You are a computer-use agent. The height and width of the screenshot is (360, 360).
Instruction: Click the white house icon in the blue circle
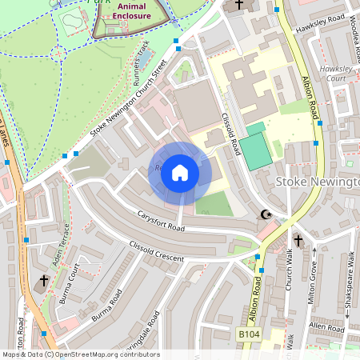(x=180, y=173)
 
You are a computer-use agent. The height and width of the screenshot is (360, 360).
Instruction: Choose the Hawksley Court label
(x=336, y=74)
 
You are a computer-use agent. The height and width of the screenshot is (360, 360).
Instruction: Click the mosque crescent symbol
(x=266, y=214)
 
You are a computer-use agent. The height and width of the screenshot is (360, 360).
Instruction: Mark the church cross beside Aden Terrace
(x=43, y=281)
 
